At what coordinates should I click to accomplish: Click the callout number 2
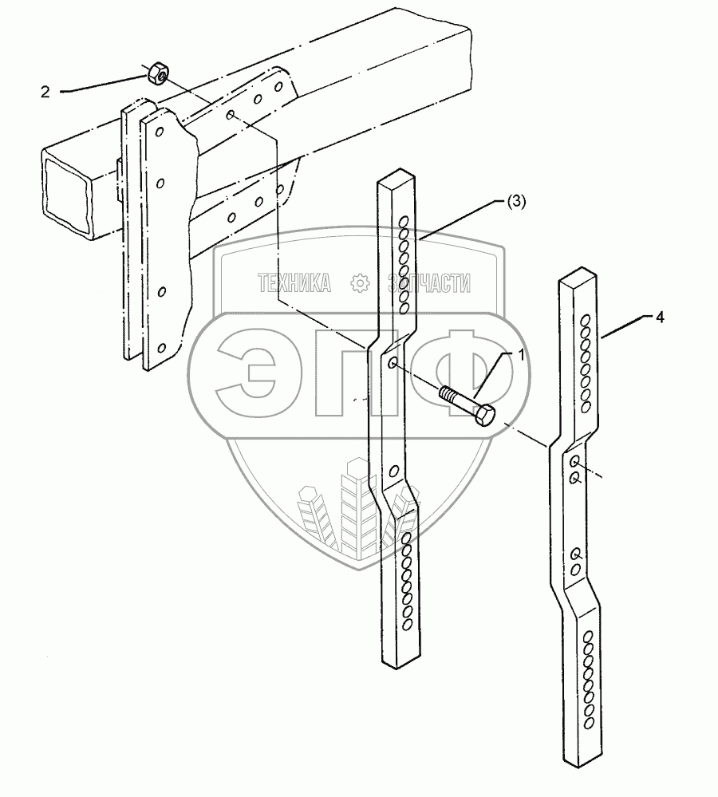click(x=45, y=92)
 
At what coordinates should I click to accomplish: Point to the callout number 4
click(x=659, y=317)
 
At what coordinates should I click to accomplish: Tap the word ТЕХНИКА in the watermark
click(x=294, y=282)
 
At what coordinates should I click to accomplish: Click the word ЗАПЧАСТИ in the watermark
click(x=428, y=282)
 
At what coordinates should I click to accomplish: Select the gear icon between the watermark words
click(x=360, y=282)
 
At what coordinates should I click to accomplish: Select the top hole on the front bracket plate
click(x=160, y=130)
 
